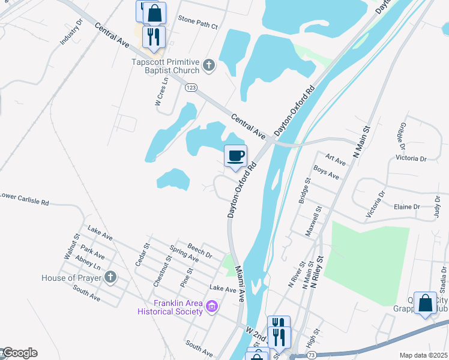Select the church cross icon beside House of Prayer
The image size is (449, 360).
point(110,277)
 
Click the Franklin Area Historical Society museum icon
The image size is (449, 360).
point(211,307)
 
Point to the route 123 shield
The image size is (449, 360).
point(191,88)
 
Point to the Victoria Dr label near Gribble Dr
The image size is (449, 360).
point(411,159)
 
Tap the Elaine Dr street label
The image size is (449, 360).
point(407,206)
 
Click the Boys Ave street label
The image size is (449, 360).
point(326,173)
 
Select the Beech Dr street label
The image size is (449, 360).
point(200,250)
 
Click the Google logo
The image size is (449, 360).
point(19,353)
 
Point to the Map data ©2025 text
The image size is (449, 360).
point(423,355)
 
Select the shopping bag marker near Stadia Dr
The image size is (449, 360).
point(425,304)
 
